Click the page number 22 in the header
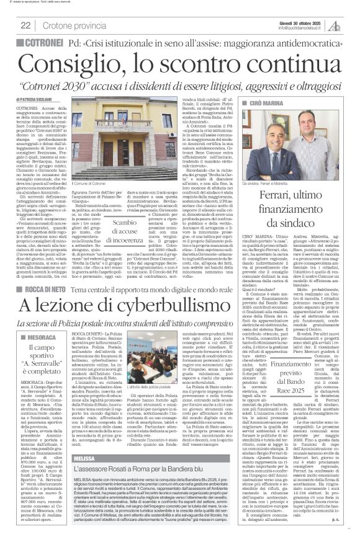tap(25, 25)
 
